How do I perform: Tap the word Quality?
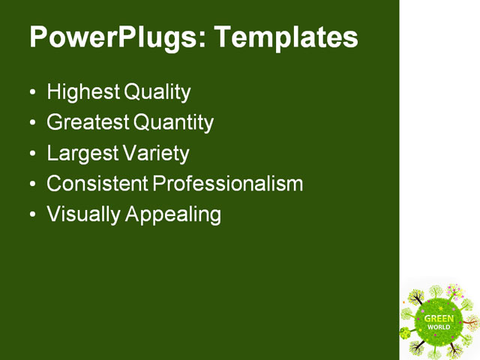(x=157, y=92)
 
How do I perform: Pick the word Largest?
(x=80, y=153)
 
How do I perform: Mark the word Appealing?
(x=173, y=214)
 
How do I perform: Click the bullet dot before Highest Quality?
(x=31, y=94)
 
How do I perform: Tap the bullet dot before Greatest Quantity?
(x=31, y=124)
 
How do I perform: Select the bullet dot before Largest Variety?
(x=31, y=154)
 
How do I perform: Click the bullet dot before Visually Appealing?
(x=31, y=215)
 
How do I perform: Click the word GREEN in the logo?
(x=439, y=319)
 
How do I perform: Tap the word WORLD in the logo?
(x=439, y=327)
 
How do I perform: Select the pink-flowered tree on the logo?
(x=454, y=290)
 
